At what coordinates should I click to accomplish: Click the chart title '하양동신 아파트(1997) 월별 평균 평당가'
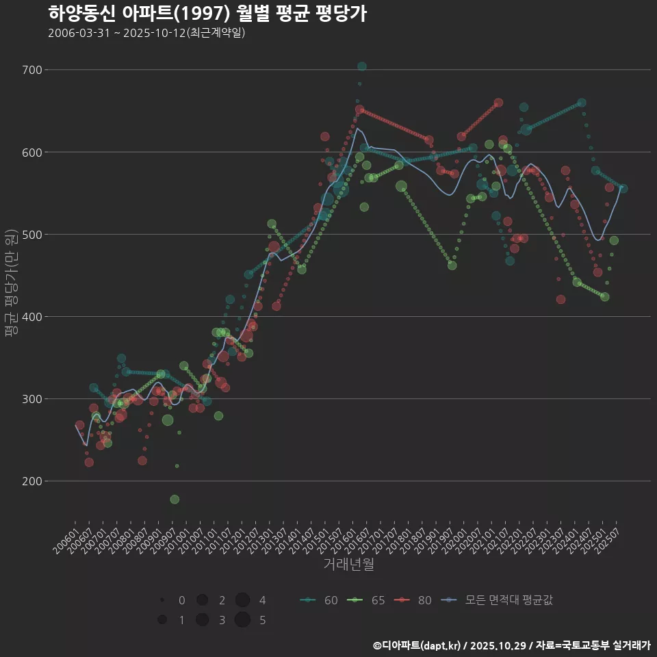tap(207, 14)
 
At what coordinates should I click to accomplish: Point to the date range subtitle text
tap(146, 33)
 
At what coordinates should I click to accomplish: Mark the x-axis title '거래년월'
tap(348, 565)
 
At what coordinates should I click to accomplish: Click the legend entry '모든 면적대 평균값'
tap(496, 600)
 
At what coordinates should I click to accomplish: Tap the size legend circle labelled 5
tap(242, 620)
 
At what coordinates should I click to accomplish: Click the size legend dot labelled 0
tap(162, 600)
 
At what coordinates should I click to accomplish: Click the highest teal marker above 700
tap(362, 66)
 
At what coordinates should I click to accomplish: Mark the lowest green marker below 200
tap(175, 500)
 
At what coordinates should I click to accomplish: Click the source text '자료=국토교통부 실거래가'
tap(593, 645)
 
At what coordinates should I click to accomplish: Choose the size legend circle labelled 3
tap(202, 620)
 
